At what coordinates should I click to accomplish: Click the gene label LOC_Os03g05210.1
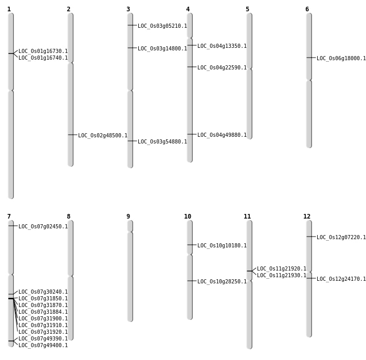click(162, 26)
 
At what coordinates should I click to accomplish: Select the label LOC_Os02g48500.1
click(103, 135)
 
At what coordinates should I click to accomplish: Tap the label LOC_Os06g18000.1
click(341, 58)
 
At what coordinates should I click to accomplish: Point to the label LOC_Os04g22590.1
click(222, 68)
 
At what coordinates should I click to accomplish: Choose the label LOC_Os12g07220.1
click(341, 237)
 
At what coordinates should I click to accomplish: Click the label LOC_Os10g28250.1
click(222, 281)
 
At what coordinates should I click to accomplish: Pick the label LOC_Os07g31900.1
click(43, 318)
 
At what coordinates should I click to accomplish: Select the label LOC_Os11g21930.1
click(282, 276)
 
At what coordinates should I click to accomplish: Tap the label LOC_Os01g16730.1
click(43, 51)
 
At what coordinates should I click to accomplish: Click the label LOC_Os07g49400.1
click(43, 345)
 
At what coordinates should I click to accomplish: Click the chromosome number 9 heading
click(128, 217)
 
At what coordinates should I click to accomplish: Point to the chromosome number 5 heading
click(247, 9)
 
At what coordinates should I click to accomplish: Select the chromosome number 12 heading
click(307, 217)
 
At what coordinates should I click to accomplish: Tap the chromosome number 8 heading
click(69, 217)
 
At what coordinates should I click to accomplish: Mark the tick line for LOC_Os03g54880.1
click(132, 141)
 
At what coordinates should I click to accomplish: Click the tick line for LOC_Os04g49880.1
click(192, 134)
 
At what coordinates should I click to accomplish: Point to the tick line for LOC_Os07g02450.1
click(13, 226)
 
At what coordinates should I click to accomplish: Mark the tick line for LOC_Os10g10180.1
click(192, 245)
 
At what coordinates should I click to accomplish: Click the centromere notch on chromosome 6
click(309, 80)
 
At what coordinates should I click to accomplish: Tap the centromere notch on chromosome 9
click(130, 232)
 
